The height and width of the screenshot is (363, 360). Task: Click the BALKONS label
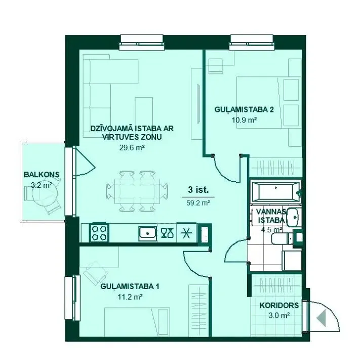[x=42, y=175]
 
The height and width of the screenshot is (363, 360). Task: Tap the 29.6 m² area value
[x=132, y=147]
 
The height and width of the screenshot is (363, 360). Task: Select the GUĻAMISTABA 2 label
[x=244, y=110]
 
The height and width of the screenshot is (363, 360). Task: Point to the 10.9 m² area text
[x=245, y=120]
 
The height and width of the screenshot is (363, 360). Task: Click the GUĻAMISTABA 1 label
[x=130, y=287]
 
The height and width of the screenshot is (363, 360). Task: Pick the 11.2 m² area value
[x=130, y=297]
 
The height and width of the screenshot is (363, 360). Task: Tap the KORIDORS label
[x=279, y=305]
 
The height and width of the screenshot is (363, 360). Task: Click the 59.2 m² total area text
[x=198, y=203]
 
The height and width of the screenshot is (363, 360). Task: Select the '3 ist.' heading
[x=198, y=190]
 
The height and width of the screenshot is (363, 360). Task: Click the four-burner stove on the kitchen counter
[x=99, y=232]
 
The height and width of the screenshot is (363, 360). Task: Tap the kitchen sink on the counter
[x=147, y=233]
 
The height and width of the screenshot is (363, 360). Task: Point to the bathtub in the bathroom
[x=276, y=192]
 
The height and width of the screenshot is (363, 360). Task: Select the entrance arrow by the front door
[x=322, y=318]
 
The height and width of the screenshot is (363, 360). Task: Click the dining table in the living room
[x=137, y=191]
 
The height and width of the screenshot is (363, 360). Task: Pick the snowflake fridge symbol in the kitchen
[x=187, y=233]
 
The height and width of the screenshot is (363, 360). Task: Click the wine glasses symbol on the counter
[x=167, y=233]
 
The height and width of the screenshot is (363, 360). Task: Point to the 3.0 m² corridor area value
[x=279, y=315]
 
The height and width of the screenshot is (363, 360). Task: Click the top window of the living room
[x=142, y=42]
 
